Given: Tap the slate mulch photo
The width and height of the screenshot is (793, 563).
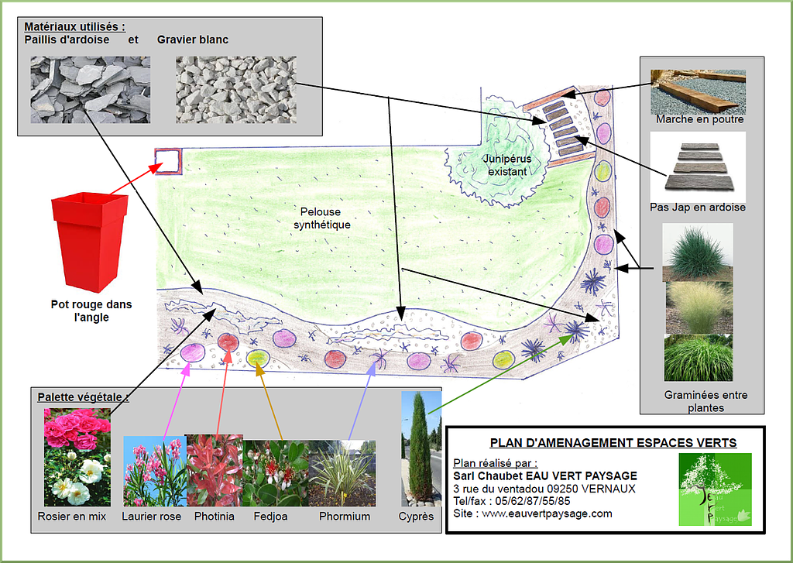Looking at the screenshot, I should pyautogui.click(x=90, y=89).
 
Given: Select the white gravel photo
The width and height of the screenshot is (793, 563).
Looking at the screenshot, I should pyautogui.click(x=235, y=90).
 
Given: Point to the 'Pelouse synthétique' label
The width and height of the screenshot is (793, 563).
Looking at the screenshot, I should pyautogui.click(x=327, y=218).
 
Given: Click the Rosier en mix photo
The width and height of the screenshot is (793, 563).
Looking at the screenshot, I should pyautogui.click(x=77, y=457).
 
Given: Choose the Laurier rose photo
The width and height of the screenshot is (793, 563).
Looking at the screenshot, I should pyautogui.click(x=154, y=471).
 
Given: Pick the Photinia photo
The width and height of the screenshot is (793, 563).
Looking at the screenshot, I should pyautogui.click(x=215, y=470).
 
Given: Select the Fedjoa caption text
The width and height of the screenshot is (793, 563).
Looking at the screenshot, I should pyautogui.click(x=270, y=517).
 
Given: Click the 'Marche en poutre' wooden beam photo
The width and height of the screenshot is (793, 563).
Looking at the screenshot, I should pyautogui.click(x=699, y=91).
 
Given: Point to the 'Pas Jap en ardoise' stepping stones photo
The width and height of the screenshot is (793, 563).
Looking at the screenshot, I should pyautogui.click(x=699, y=166).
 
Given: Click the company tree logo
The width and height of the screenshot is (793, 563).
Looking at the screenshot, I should pyautogui.click(x=715, y=489).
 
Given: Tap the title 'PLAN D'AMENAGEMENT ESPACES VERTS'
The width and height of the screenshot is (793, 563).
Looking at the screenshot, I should pyautogui.click(x=613, y=443).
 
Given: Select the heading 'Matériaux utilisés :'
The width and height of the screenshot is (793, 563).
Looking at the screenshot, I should pyautogui.click(x=74, y=27).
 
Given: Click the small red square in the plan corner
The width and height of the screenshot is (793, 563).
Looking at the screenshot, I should pyautogui.click(x=168, y=161).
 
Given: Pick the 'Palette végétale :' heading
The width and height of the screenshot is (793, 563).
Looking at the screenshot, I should pyautogui.click(x=83, y=397).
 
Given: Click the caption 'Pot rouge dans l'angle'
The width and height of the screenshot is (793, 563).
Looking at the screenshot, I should pyautogui.click(x=91, y=311).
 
